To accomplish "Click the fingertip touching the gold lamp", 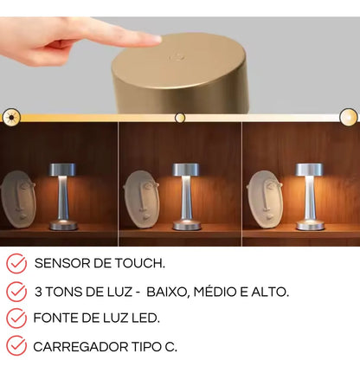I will (x=154, y=38).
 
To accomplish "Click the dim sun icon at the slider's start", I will (x=10, y=117).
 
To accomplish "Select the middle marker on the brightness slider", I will (x=180, y=117).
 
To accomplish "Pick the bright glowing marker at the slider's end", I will (x=348, y=117).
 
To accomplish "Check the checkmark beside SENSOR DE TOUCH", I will (x=16, y=263).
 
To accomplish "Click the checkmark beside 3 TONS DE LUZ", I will (x=16, y=291).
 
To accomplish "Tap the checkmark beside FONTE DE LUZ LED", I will (x=16, y=318).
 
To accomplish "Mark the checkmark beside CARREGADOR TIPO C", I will (x=16, y=346).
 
